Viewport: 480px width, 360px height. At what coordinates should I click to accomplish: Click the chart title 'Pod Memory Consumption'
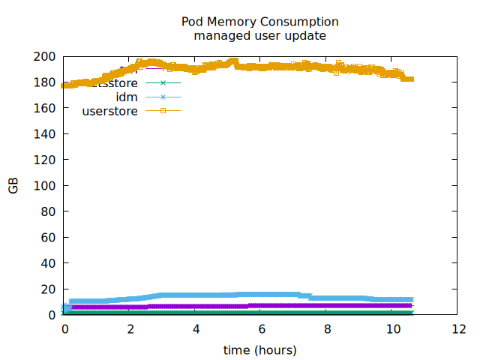click(260, 22)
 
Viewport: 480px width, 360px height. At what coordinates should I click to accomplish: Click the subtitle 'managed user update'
click(260, 35)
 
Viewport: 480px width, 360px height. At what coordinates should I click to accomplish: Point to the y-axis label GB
click(13, 186)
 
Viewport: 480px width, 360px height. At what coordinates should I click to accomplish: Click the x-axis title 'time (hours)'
click(260, 350)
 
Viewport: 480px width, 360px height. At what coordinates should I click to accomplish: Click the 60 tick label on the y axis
click(49, 237)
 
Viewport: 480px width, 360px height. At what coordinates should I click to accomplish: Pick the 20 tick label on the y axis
click(49, 289)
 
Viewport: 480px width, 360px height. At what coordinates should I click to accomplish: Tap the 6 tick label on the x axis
click(262, 329)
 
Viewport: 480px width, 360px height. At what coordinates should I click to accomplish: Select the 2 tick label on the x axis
click(130, 329)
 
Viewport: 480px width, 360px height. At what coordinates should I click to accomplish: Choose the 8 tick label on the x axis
click(328, 329)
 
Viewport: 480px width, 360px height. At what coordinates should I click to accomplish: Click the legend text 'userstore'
click(109, 111)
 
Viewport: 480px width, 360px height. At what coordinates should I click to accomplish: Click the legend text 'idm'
click(127, 97)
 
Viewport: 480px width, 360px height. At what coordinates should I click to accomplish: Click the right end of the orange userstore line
click(411, 79)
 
